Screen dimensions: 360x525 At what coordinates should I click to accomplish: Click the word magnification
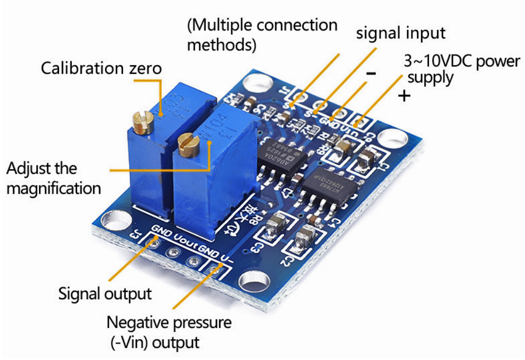tap(54, 188)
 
